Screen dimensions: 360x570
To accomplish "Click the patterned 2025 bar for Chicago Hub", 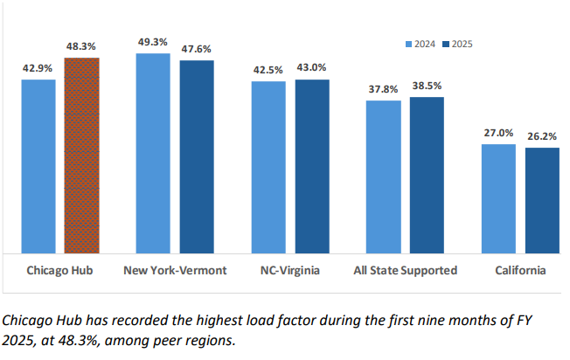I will click(x=81, y=156).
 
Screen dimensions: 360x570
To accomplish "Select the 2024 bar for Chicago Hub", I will click(x=38, y=166).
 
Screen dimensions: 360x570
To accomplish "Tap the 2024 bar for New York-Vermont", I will click(x=153, y=154).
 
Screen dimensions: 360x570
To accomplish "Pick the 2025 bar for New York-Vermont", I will click(x=197, y=157).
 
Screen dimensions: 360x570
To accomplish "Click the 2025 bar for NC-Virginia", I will click(x=312, y=166).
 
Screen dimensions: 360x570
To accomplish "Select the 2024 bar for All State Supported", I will click(x=384, y=177).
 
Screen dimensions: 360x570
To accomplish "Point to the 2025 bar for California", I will click(x=542, y=200).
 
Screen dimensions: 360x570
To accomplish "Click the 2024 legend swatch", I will click(x=407, y=43).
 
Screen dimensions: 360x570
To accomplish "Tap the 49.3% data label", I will click(x=153, y=42).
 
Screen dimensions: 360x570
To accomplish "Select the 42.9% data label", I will click(x=38, y=68).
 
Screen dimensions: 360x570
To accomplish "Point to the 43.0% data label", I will click(x=312, y=67).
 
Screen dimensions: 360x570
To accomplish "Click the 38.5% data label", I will click(x=427, y=86).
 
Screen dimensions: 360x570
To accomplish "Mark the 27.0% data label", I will click(x=498, y=133).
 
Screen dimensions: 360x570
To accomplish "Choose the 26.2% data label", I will click(x=542, y=136).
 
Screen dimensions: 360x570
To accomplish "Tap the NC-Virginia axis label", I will click(x=289, y=271).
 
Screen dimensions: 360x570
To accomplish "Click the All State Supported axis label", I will click(x=405, y=271).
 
